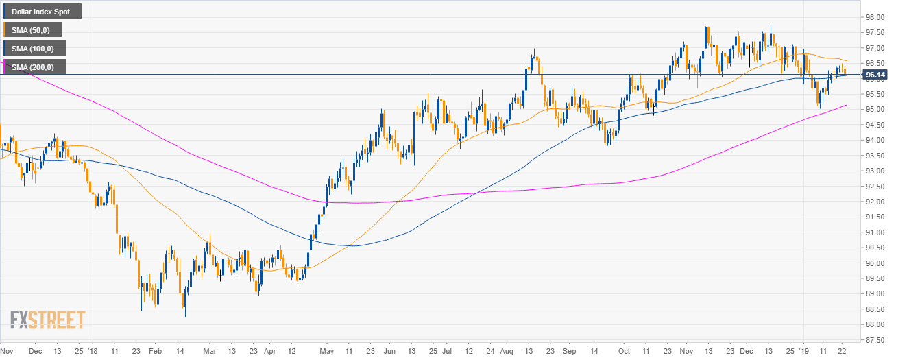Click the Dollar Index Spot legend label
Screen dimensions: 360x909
[40, 11]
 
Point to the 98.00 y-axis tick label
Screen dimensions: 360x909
[874, 17]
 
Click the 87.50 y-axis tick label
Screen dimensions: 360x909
[874, 340]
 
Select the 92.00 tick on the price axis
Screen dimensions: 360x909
[874, 202]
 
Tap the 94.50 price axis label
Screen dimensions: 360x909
[874, 125]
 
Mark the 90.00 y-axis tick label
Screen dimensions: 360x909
[874, 263]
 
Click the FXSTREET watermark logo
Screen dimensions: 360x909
[47, 320]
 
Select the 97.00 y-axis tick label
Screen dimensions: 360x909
[874, 48]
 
